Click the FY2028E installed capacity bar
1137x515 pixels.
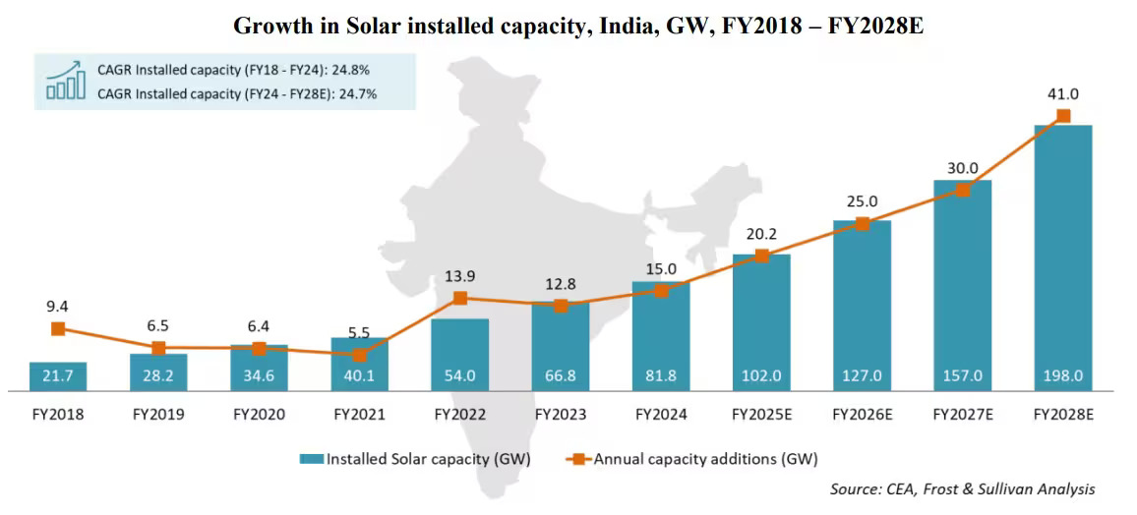(1063, 256)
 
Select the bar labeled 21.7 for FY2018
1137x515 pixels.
(58, 376)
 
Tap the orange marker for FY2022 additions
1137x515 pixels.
(460, 298)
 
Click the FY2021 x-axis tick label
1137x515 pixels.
(359, 415)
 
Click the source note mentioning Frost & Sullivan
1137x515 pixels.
(962, 489)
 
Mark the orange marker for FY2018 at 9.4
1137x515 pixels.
(58, 328)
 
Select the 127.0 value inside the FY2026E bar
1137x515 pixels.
(862, 376)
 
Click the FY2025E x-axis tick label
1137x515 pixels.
(761, 415)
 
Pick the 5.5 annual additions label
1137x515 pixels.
(359, 333)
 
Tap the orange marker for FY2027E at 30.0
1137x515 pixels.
(962, 190)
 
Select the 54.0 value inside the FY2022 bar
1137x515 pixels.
(460, 376)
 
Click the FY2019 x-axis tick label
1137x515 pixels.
(158, 415)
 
